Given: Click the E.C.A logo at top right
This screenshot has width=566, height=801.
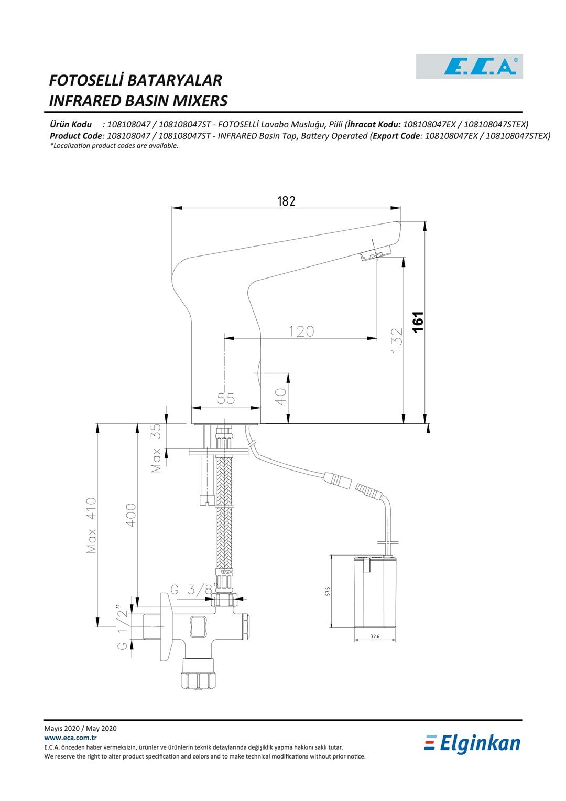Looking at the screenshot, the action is tap(469, 66).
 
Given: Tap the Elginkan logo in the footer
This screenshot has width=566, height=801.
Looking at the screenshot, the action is tap(472, 744).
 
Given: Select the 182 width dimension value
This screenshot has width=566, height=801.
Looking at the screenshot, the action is tap(286, 201).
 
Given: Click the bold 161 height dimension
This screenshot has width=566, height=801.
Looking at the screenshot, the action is tap(418, 322).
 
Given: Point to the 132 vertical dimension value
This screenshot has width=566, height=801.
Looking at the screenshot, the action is tap(397, 340).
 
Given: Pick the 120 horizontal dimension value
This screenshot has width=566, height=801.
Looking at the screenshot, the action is tap(301, 332).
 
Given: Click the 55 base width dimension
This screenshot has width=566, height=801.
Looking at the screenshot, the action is tap(226, 399).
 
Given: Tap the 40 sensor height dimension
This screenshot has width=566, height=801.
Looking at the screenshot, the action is tap(281, 397).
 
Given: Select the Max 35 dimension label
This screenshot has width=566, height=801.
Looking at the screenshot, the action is tap(156, 448).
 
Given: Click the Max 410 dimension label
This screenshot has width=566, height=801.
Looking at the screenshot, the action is tap(91, 525).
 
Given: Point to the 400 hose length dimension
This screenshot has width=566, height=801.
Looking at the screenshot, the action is tap(131, 515).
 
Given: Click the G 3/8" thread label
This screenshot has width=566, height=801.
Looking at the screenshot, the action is tap(194, 589).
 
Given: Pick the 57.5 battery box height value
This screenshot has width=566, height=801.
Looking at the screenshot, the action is tap(328, 591).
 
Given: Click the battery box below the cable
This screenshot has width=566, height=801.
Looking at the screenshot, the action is tap(375, 592).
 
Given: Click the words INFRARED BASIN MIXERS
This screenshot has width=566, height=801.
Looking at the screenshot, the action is tap(138, 101).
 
